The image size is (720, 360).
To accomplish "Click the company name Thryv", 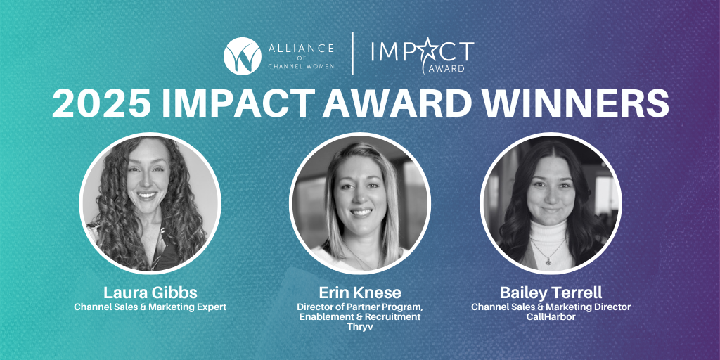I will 359,327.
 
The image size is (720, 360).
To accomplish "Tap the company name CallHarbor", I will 551,317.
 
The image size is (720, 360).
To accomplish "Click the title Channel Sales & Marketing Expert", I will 150,307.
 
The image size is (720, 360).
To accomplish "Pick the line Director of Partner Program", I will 359,307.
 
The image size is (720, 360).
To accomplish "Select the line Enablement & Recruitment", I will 359,317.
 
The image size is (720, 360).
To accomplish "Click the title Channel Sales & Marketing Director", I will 551,307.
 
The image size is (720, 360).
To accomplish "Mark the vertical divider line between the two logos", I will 352,55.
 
